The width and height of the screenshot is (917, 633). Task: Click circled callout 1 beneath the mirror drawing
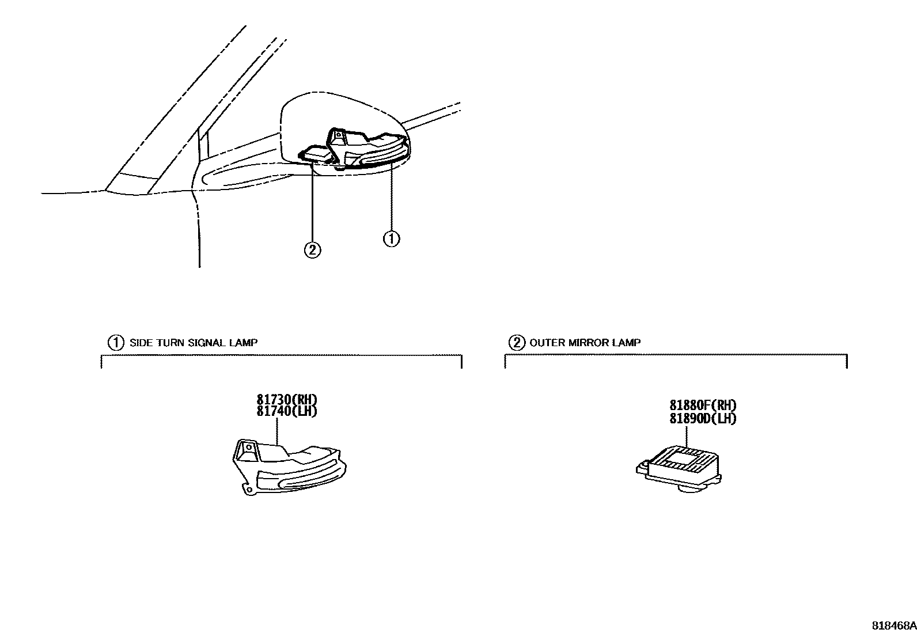(391, 238)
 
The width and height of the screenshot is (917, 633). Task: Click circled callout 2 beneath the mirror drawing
(312, 249)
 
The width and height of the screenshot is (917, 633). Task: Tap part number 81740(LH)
(287, 411)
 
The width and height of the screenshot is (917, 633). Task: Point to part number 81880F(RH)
(703, 405)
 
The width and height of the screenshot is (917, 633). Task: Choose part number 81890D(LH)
(703, 418)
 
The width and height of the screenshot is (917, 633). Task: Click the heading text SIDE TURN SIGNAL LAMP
(194, 343)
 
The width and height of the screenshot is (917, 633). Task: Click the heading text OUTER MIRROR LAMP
(585, 343)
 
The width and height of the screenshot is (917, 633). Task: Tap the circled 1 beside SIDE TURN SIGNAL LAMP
(116, 343)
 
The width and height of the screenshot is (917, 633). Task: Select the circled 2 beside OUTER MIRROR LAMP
(516, 343)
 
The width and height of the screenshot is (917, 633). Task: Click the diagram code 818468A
(893, 625)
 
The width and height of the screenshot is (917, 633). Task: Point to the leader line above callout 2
(312, 202)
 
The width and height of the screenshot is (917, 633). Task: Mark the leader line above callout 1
(391, 196)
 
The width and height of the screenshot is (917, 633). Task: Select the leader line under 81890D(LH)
(687, 435)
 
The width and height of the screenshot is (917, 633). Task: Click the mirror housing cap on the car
(323, 115)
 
